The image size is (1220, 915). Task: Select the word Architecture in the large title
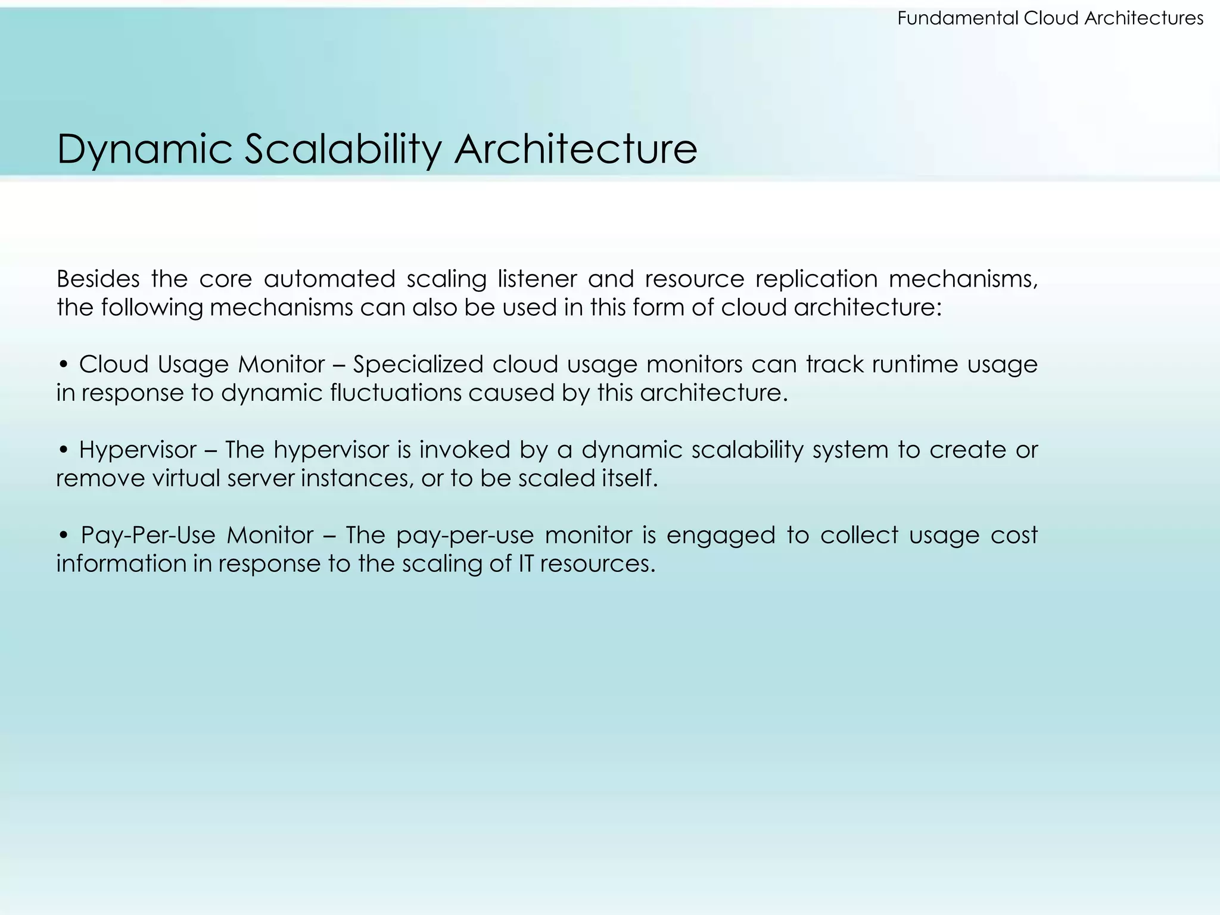pyautogui.click(x=575, y=150)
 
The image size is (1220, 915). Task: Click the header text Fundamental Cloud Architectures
pyautogui.click(x=1050, y=18)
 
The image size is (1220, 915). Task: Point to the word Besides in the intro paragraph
pyautogui.click(x=98, y=279)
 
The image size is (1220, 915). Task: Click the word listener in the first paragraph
pyautogui.click(x=537, y=279)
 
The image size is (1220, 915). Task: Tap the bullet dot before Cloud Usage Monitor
pyautogui.click(x=64, y=365)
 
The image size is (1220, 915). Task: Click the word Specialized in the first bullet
pyautogui.click(x=418, y=365)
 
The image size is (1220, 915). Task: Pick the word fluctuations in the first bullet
pyautogui.click(x=396, y=393)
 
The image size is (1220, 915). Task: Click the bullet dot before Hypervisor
pyautogui.click(x=64, y=450)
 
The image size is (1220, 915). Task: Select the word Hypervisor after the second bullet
pyautogui.click(x=138, y=450)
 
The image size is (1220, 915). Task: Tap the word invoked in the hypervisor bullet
pyautogui.click(x=465, y=450)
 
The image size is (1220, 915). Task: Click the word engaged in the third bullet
pyautogui.click(x=720, y=536)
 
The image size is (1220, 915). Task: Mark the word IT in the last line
pyautogui.click(x=525, y=564)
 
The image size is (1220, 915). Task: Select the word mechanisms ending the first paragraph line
pyautogui.click(x=963, y=279)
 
